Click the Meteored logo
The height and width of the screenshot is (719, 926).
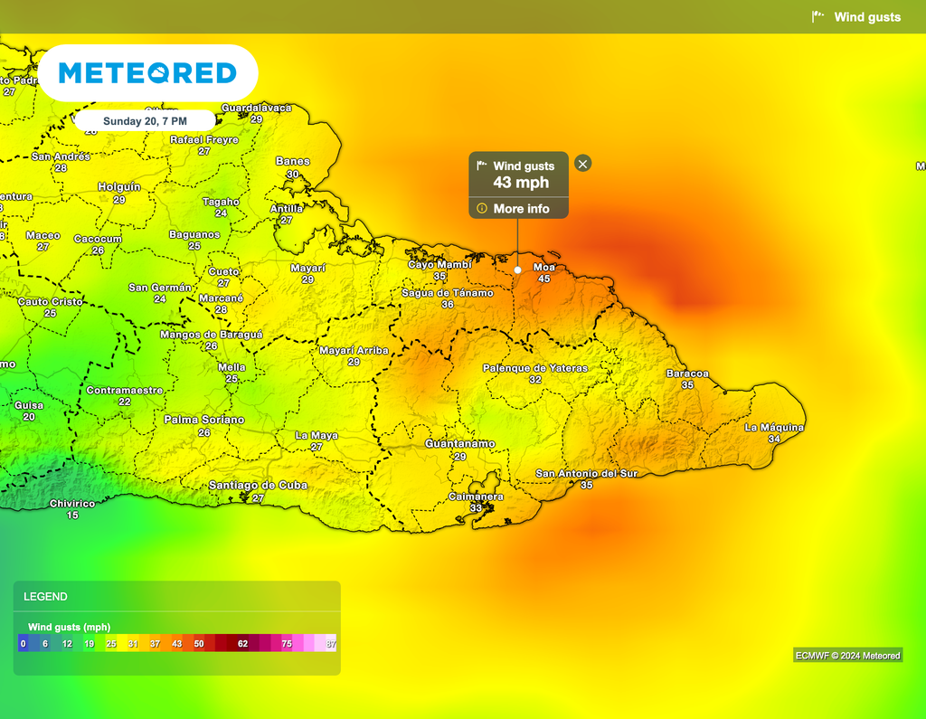coord(147,73)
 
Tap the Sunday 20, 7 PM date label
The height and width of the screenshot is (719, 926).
coord(145,120)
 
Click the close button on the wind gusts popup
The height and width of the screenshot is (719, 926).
coord(583,164)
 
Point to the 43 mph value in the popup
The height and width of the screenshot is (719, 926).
coord(520,183)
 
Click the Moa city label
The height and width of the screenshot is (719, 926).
coord(543,268)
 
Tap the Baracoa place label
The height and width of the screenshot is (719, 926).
coord(687,374)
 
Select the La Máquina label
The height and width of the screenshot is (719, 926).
coord(774,428)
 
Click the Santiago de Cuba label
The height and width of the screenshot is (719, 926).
coord(258,486)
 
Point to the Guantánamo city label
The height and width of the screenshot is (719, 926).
coord(460,444)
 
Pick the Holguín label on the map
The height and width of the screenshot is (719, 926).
coord(119,187)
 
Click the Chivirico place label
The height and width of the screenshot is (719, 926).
coord(72,504)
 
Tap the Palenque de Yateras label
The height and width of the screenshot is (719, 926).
coord(534,368)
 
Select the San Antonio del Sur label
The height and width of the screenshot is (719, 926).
coord(587,474)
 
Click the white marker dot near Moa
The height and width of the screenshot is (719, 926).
coord(517,270)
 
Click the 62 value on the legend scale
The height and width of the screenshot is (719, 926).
coord(242,643)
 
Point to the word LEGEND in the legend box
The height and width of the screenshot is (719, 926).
coord(45,597)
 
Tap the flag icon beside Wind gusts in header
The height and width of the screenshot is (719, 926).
coord(818,16)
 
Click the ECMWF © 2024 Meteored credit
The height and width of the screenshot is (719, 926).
coord(846,656)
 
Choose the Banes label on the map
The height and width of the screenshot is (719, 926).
coord(292,162)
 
